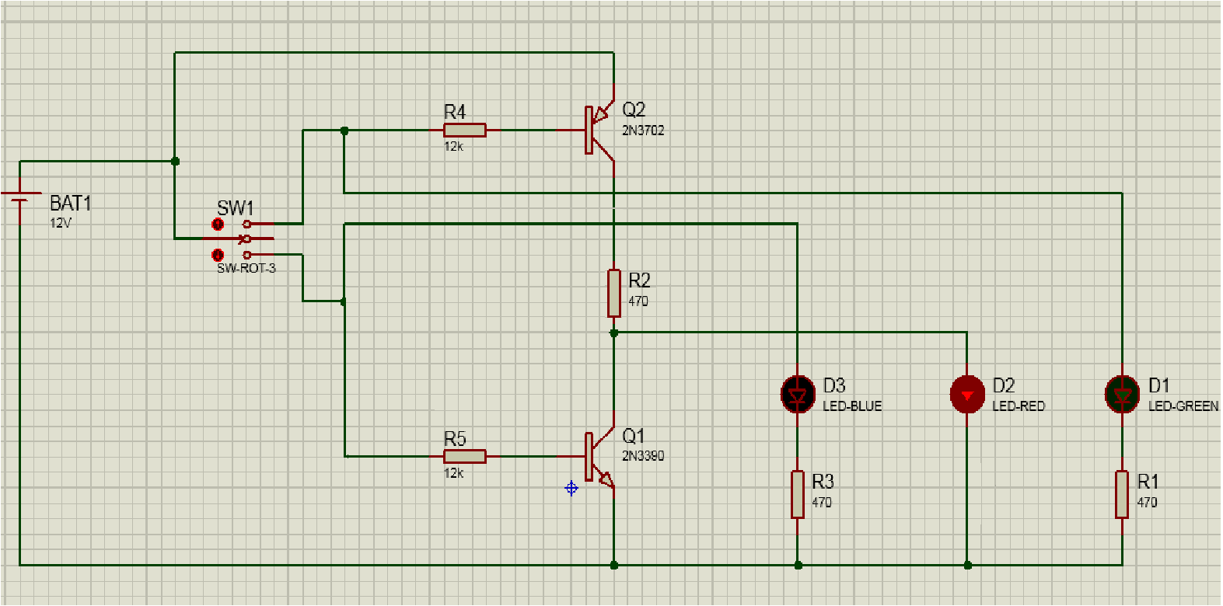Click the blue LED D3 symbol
pos(797,395)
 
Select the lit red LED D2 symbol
pos(967,395)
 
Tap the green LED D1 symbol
pos(1122,395)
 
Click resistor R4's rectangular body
pos(465,131)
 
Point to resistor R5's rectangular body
pos(465,456)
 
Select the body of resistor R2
pos(614,293)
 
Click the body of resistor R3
pos(798,494)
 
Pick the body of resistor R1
pos(1122,494)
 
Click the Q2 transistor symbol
pos(599,130)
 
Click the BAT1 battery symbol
pos(20,197)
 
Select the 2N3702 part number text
pos(643,131)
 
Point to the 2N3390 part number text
pos(643,456)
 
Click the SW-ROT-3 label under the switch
pos(246,268)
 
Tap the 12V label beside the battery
pos(61,223)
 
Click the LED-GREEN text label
pos(1183,406)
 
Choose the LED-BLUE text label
pos(852,406)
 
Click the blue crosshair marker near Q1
pos(571,488)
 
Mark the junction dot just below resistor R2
pos(614,333)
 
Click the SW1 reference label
pos(235,208)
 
